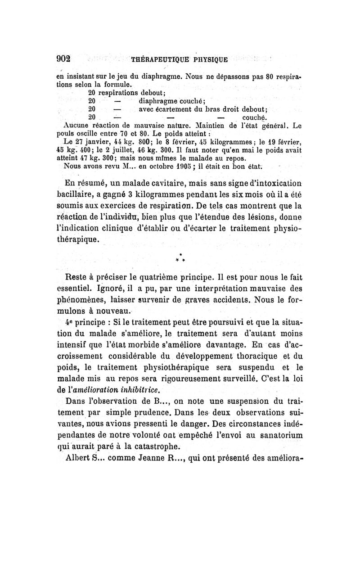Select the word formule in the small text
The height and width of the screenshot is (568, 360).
tap(119, 84)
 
